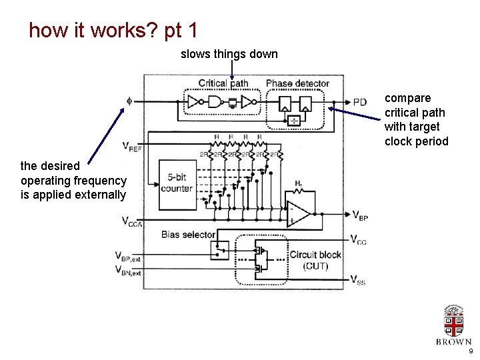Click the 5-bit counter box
(177, 183)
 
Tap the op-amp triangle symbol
(298, 214)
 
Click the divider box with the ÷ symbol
(293, 121)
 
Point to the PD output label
(359, 102)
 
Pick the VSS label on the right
(359, 281)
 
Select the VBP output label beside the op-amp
(359, 215)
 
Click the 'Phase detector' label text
(297, 83)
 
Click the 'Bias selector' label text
(188, 235)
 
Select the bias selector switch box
(218, 251)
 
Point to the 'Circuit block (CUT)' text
(315, 260)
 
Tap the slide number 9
(471, 351)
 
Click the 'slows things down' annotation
(229, 54)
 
